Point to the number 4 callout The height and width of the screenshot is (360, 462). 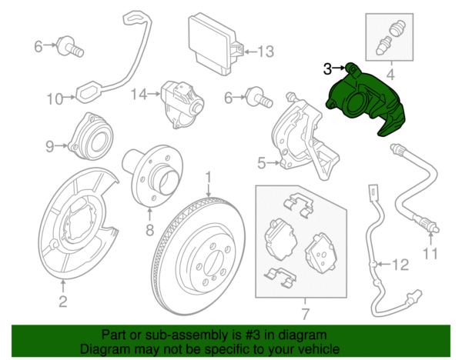[x=390, y=75]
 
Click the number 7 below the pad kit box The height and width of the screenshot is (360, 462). [x=303, y=313]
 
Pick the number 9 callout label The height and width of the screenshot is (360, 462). [x=49, y=145]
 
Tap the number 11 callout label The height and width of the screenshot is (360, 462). [x=431, y=253]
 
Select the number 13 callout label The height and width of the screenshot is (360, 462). [x=266, y=52]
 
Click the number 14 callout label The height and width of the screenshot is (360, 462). [x=138, y=95]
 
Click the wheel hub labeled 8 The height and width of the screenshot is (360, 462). [x=150, y=175]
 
